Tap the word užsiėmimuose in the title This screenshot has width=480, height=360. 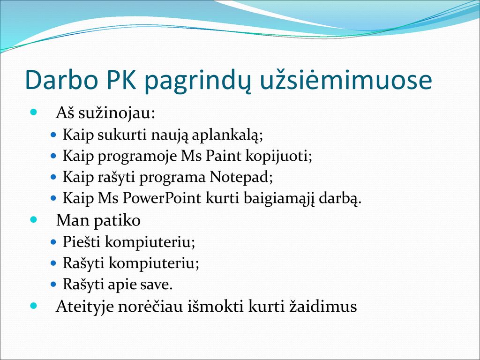point(345,81)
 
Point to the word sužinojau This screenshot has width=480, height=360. point(117,113)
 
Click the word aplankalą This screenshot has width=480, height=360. point(227,135)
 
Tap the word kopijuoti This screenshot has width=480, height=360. point(279,156)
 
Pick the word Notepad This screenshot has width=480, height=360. point(241,177)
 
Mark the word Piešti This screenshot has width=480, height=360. point(82,241)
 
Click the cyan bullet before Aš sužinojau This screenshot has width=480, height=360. point(33,112)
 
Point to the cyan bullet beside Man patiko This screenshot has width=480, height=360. point(33,219)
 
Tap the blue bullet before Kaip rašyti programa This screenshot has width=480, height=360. point(53,177)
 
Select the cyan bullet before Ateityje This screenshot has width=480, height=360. point(33,305)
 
